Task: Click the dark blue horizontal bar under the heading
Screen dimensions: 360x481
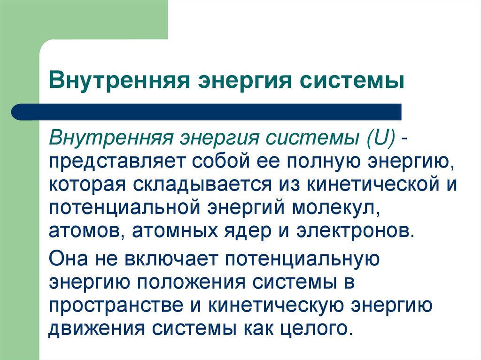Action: [x=207, y=112]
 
